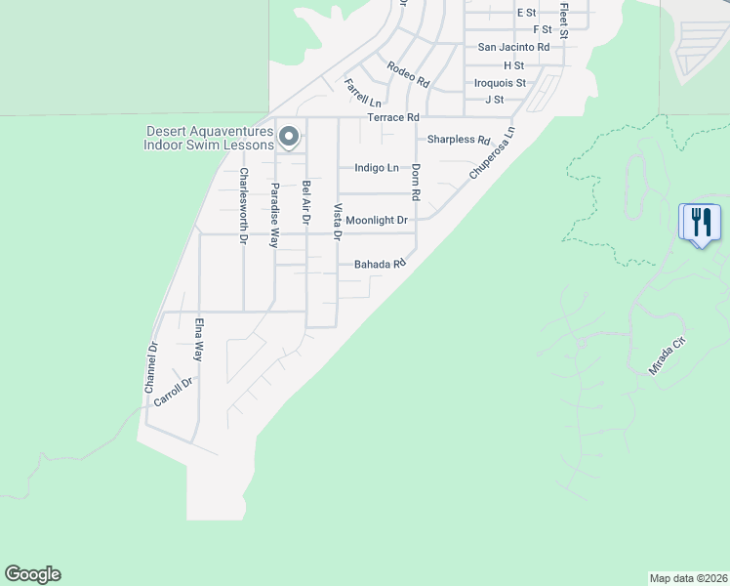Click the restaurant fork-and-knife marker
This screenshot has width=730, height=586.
pyautogui.click(x=700, y=223)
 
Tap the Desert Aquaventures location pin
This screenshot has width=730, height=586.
pyautogui.click(x=288, y=138)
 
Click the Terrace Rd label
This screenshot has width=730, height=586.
pyautogui.click(x=391, y=118)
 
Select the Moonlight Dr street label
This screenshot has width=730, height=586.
pyautogui.click(x=376, y=221)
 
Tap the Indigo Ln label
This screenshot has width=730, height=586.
pyautogui.click(x=376, y=168)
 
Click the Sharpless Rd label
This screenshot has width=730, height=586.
pyautogui.click(x=459, y=140)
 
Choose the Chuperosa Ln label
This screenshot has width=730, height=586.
pyautogui.click(x=490, y=152)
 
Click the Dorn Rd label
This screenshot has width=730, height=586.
pyautogui.click(x=416, y=182)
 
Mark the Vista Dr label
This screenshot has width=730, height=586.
pyautogui.click(x=338, y=222)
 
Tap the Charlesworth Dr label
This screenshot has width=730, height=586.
pyautogui.click(x=244, y=205)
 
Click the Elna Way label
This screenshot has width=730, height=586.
pyautogui.click(x=199, y=339)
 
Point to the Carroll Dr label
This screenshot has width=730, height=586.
pyautogui.click(x=176, y=392)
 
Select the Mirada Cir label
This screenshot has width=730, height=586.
pyautogui.click(x=669, y=356)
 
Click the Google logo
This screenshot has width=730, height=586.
pyautogui.click(x=32, y=574)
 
